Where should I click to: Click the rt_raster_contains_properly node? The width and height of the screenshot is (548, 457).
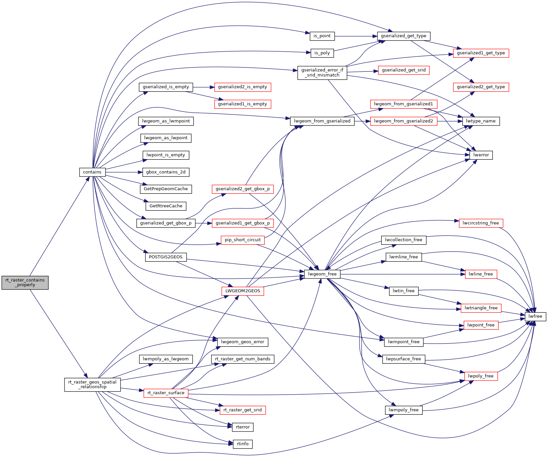coord(25,283)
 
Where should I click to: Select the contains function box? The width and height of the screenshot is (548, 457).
coord(92,172)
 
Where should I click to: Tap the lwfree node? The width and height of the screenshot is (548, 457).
coord(535,316)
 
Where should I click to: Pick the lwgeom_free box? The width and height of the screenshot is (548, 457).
coord(322,274)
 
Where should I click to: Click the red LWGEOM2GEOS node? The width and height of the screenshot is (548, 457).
coord(243,291)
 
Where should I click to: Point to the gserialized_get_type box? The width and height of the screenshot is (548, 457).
coord(404,36)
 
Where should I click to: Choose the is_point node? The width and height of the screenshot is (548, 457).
coord(322,36)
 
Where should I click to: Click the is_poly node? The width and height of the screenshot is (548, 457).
coord(322,53)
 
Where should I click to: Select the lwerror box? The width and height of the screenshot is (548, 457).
coord(481,155)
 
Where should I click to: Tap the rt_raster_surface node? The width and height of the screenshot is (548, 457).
coord(166,393)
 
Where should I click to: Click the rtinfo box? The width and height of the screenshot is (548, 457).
coord(243,444)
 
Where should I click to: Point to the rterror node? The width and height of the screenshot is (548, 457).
coord(243,427)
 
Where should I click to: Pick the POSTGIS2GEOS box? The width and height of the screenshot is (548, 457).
coord(166,257)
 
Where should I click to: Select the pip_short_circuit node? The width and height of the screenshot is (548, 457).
coord(243,240)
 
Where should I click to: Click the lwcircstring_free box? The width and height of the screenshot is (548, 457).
coord(481,223)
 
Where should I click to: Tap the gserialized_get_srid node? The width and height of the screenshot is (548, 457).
coord(404,70)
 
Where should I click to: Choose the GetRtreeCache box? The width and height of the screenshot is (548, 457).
coord(166,206)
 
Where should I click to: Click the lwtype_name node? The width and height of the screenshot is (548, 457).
coord(481,121)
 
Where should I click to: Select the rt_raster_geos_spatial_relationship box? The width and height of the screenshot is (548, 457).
coord(92,385)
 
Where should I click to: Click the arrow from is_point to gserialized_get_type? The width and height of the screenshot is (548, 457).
coord(356,36)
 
